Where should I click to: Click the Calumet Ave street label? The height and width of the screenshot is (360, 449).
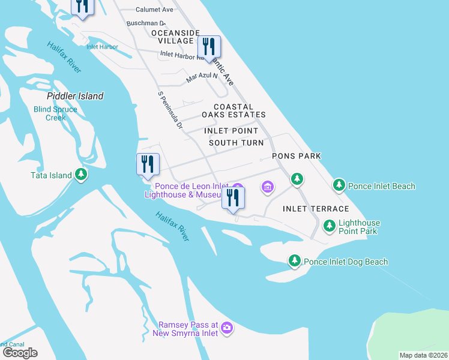(154, 10)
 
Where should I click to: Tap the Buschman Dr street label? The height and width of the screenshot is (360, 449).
(145, 23)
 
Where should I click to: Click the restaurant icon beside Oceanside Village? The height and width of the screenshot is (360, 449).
(209, 46)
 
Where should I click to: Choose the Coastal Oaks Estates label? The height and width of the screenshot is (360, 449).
(234, 110)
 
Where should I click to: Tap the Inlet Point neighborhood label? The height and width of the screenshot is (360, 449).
(231, 131)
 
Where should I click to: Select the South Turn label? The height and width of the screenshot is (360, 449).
(236, 143)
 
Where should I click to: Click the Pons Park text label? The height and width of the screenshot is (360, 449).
(297, 156)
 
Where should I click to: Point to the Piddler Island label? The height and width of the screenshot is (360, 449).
(76, 96)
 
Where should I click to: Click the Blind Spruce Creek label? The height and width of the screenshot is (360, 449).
(55, 113)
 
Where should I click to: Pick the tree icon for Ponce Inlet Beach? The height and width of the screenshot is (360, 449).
(339, 185)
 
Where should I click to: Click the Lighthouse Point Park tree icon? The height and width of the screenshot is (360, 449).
(329, 226)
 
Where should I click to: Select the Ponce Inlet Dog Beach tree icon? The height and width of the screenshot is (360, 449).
(294, 261)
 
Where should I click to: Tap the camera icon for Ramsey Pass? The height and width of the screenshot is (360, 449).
(227, 328)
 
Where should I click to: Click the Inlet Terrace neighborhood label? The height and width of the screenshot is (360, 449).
(316, 209)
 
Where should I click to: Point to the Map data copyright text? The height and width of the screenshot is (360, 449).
(424, 355)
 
